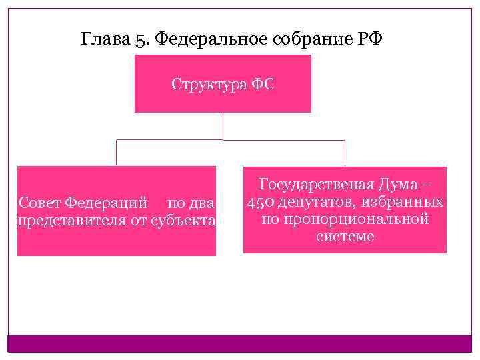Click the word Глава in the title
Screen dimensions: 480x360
[103, 39]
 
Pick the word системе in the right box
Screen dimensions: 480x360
[345, 236]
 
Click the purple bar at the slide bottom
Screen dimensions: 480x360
[239, 343]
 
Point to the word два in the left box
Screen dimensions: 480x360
[200, 202]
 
